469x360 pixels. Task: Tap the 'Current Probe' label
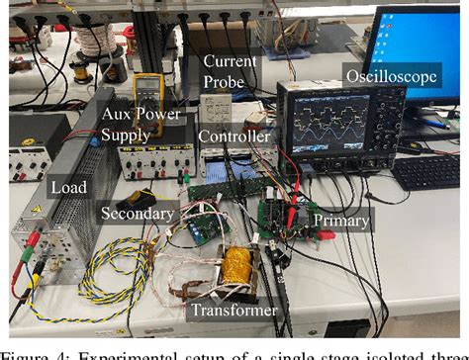pyautogui.click(x=229, y=70)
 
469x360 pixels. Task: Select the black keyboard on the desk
pyautogui.click(x=428, y=172)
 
